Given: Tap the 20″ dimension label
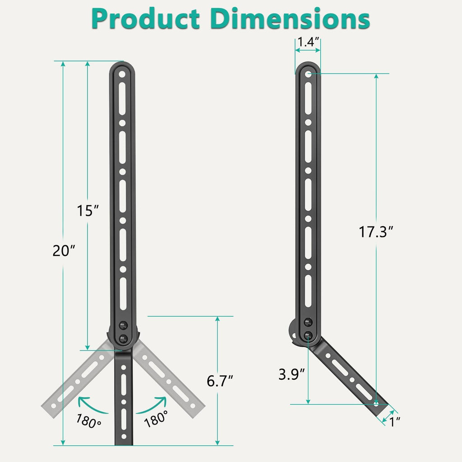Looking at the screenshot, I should pyautogui.click(x=63, y=251).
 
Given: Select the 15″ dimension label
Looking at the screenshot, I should pyautogui.click(x=88, y=211).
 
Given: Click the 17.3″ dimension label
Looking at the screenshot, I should pyautogui.click(x=376, y=232).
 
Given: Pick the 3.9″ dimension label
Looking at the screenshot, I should pyautogui.click(x=291, y=375).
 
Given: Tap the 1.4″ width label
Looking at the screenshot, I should pyautogui.click(x=308, y=42).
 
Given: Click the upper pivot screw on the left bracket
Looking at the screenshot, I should pyautogui.click(x=123, y=325).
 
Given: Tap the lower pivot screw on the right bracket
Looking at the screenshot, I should pyautogui.click(x=308, y=335).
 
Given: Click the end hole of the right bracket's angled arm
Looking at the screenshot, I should pyautogui.click(x=376, y=402).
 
